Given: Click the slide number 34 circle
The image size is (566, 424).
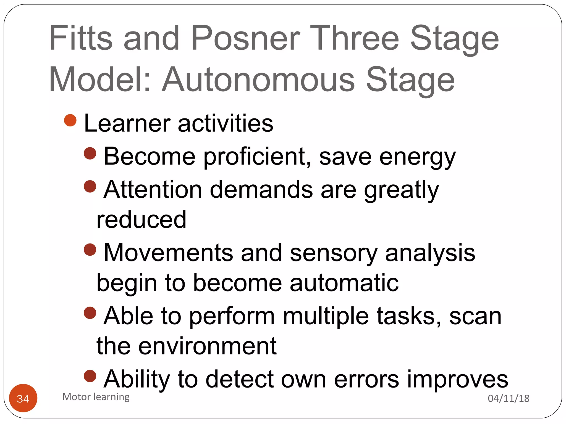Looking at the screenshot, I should (23, 398).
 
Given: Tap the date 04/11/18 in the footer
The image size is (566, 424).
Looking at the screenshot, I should (508, 398).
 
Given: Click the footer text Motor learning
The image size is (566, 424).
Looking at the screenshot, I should (96, 397).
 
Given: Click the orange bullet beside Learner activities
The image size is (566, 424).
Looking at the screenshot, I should (70, 120).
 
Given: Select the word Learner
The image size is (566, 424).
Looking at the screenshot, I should (127, 123).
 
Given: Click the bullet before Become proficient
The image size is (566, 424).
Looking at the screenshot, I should (90, 153).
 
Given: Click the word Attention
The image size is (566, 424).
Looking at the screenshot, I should (153, 190).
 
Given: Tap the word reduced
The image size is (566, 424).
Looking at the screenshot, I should (141, 219).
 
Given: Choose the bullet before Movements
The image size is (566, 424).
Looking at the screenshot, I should (90, 250).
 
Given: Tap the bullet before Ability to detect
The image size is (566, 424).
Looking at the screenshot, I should (90, 376).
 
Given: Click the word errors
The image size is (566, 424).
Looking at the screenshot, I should (366, 379).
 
